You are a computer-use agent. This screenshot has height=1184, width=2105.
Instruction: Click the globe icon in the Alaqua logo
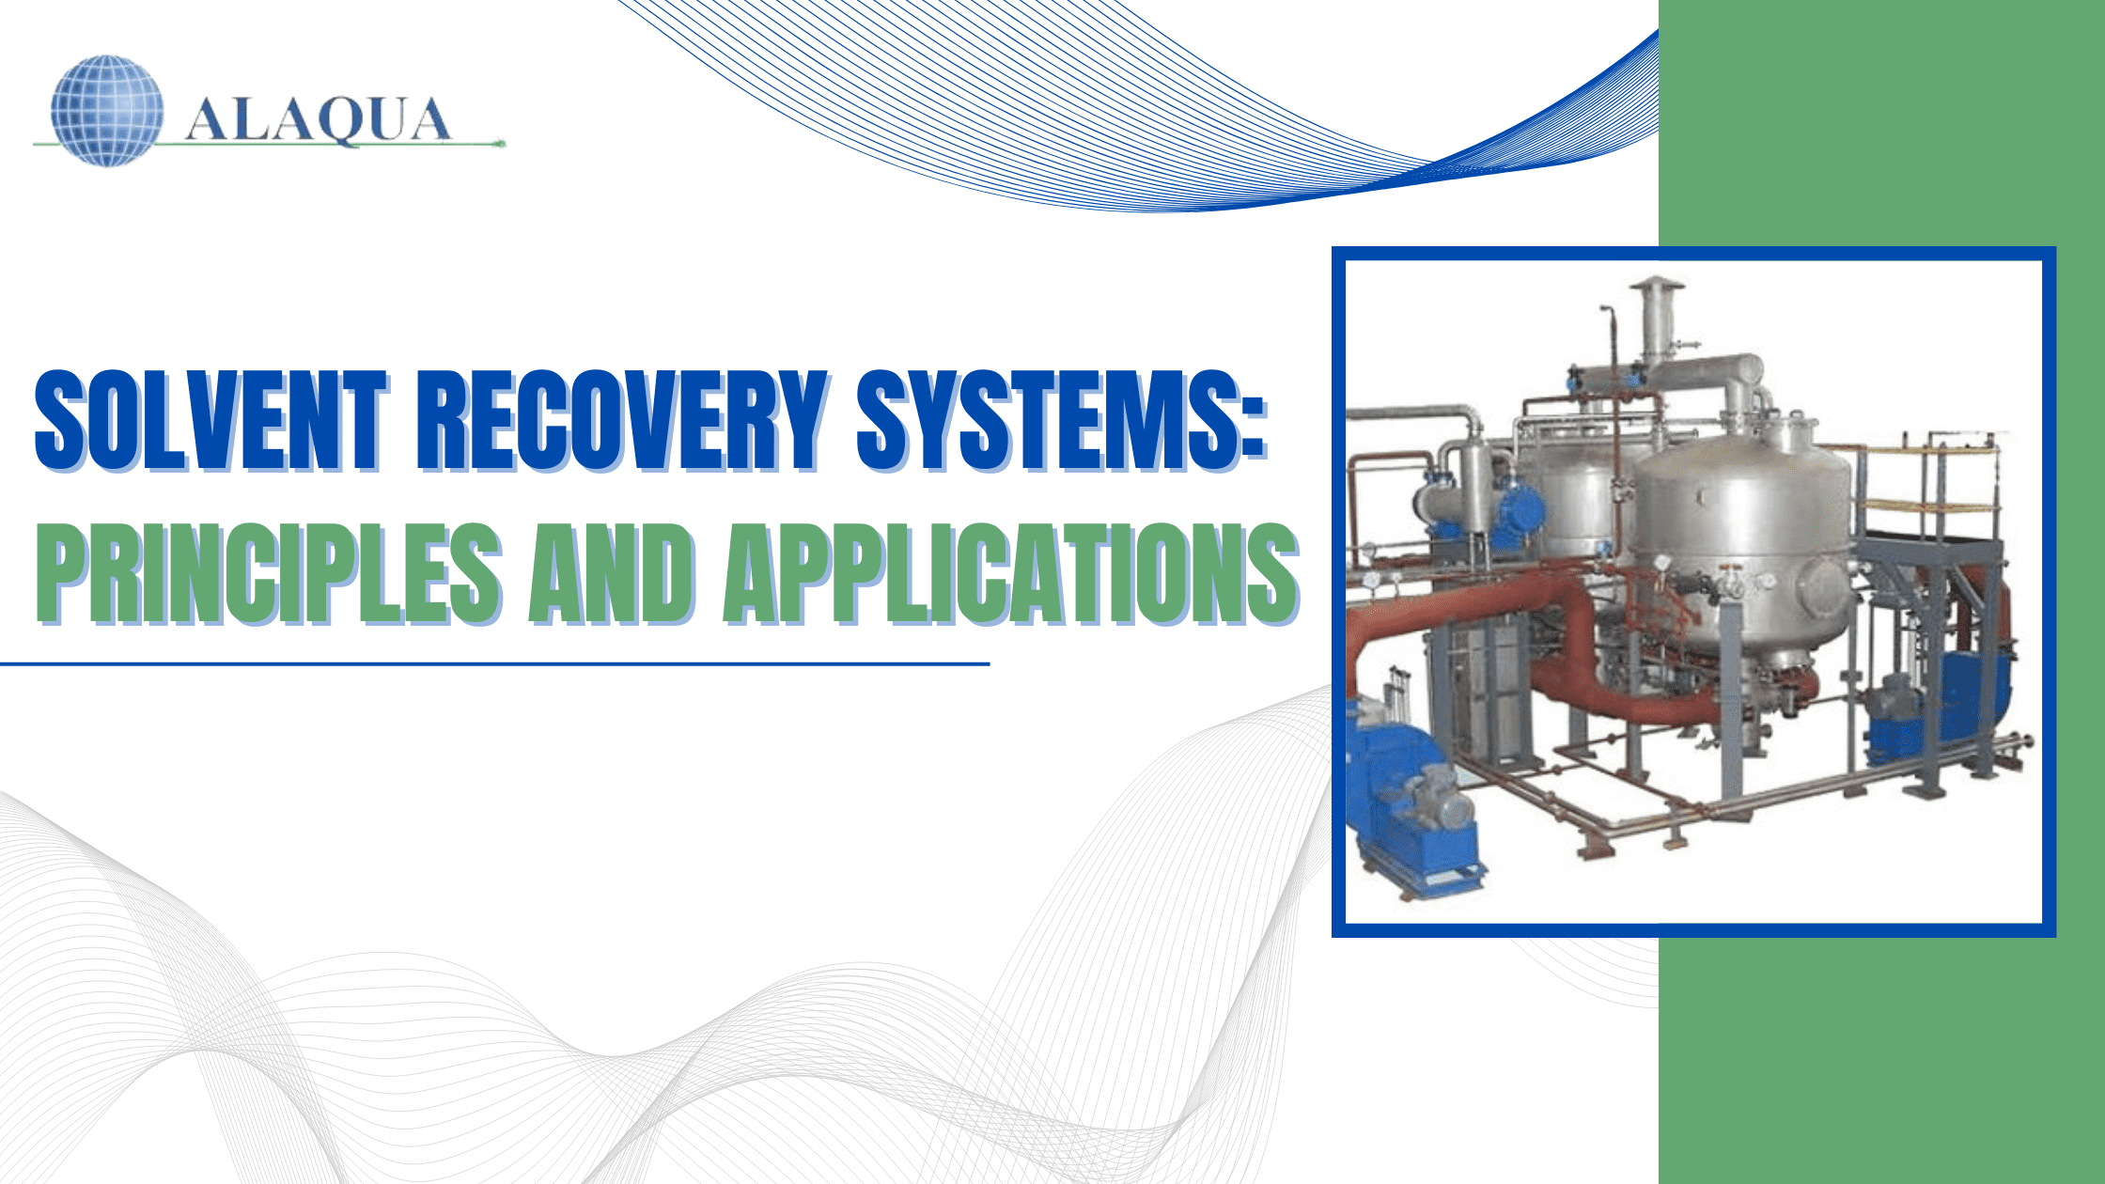point(107,111)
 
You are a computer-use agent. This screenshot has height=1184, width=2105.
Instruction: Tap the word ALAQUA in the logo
point(318,120)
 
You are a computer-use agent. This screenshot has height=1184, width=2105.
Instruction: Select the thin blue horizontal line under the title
point(494,664)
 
